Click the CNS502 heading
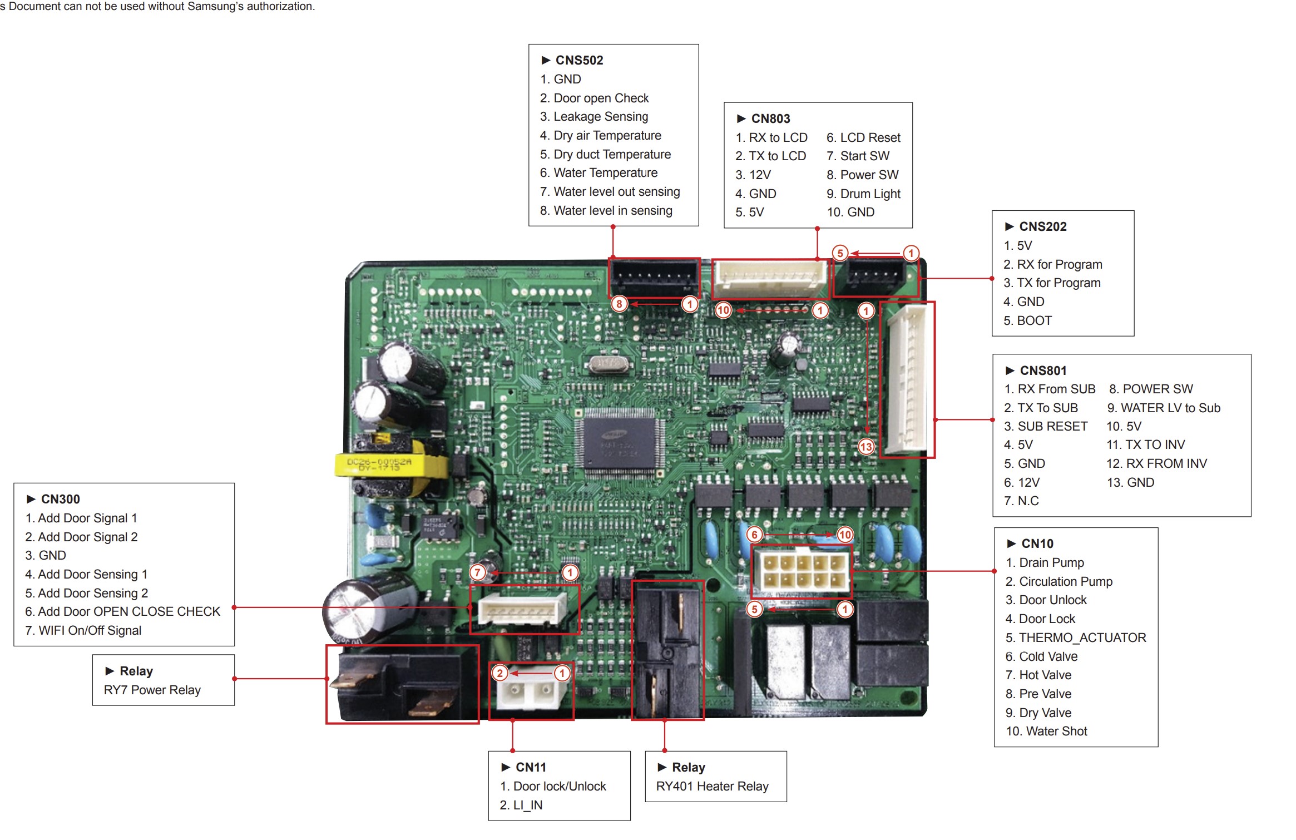click(x=579, y=60)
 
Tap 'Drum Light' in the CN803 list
click(x=870, y=194)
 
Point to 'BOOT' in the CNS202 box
click(x=1034, y=320)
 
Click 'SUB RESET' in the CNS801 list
click(x=1052, y=426)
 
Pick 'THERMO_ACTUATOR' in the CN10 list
click(x=1082, y=638)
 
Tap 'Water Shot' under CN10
click(x=1056, y=731)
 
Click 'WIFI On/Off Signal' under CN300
click(x=90, y=630)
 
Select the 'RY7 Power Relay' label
click(x=152, y=690)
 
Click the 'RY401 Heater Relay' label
click(x=712, y=786)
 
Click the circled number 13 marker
click(x=866, y=446)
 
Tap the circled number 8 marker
click(x=619, y=304)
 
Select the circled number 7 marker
click(x=477, y=572)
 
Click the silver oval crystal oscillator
click(x=607, y=363)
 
